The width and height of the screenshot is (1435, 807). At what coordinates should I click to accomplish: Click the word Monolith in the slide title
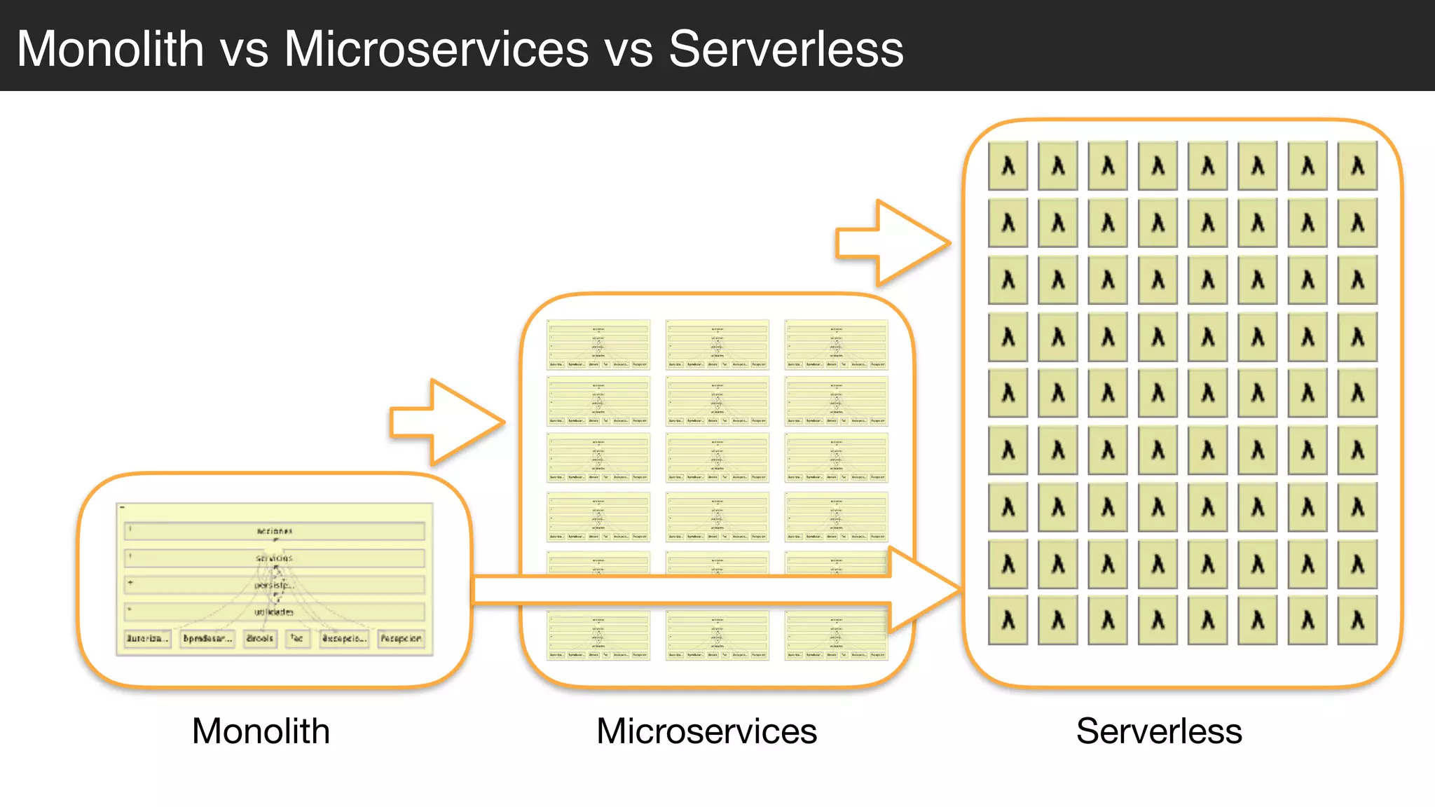point(110,49)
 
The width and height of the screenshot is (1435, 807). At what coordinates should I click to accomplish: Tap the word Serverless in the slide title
point(785,49)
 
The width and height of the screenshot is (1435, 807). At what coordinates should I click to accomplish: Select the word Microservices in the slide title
point(436,49)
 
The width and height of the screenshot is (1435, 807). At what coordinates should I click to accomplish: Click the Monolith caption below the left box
point(261,731)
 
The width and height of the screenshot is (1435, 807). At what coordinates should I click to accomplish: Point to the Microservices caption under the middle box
point(706,731)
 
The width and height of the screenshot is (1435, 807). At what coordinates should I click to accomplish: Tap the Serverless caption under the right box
point(1159,731)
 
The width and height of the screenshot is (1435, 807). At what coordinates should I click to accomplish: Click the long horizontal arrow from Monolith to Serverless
point(701,590)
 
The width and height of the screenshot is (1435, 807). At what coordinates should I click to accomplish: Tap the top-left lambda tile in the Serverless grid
point(1008,166)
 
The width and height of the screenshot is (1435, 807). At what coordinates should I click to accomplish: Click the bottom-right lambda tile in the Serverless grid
point(1357,620)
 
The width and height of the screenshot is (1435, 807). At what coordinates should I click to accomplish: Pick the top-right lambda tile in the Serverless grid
point(1357,166)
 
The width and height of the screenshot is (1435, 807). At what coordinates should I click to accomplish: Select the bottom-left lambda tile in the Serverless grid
point(1008,620)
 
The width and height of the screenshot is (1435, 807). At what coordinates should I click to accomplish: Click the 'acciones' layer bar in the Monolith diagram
point(274,531)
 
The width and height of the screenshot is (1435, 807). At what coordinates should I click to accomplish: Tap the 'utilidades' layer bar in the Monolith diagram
point(274,612)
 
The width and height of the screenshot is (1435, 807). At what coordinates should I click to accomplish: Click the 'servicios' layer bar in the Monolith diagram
point(274,558)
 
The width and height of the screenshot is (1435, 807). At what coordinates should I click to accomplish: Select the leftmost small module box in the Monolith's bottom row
point(147,638)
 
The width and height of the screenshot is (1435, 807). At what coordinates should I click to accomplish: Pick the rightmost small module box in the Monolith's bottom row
point(401,638)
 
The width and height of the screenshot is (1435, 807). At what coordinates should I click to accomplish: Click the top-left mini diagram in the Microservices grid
point(598,345)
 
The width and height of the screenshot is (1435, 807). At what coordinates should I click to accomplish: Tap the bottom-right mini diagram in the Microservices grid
point(836,635)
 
